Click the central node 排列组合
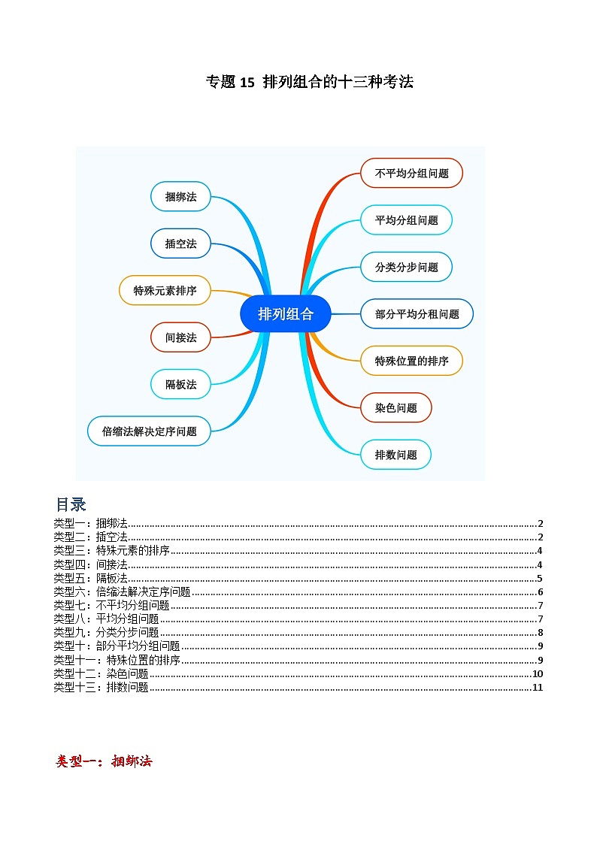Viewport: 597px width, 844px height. (x=286, y=314)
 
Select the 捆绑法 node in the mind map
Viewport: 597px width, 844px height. (x=180, y=197)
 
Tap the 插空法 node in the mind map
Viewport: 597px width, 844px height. (x=180, y=244)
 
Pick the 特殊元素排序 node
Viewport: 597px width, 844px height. (x=165, y=290)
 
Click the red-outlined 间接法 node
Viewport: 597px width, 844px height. (x=180, y=337)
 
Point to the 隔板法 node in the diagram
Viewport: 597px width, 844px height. (x=180, y=384)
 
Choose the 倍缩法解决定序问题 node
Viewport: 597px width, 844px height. (x=149, y=431)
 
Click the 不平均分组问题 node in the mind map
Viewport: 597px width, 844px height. (x=411, y=173)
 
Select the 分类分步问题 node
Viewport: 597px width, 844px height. (x=406, y=267)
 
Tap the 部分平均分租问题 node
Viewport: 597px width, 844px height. (x=417, y=314)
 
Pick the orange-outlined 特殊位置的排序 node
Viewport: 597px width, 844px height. (x=411, y=361)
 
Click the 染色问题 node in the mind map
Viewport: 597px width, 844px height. (x=395, y=408)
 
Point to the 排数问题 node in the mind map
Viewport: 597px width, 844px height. (x=395, y=455)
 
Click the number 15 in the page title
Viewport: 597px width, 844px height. (x=248, y=83)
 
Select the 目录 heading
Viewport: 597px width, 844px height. (x=71, y=504)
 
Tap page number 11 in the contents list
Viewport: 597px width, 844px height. (x=537, y=687)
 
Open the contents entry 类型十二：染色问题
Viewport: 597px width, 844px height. (x=101, y=673)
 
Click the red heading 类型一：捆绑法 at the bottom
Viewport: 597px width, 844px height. (x=104, y=761)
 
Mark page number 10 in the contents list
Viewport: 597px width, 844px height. (x=537, y=673)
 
